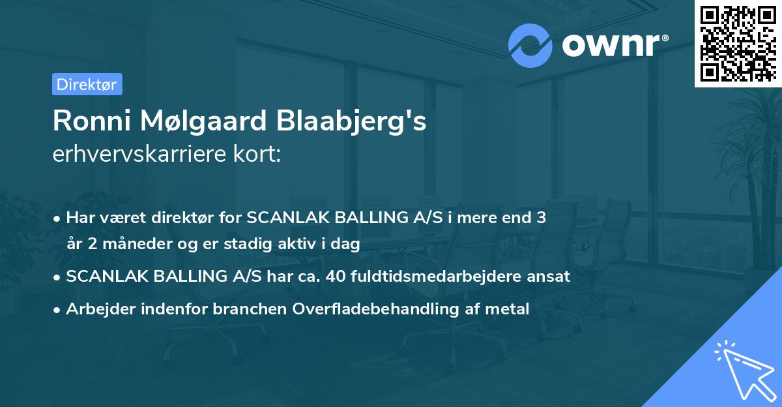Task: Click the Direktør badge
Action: [87, 84]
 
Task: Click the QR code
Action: [738, 43]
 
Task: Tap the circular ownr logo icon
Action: [530, 45]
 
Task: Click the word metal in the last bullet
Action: [511, 309]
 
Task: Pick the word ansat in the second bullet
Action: [552, 277]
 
